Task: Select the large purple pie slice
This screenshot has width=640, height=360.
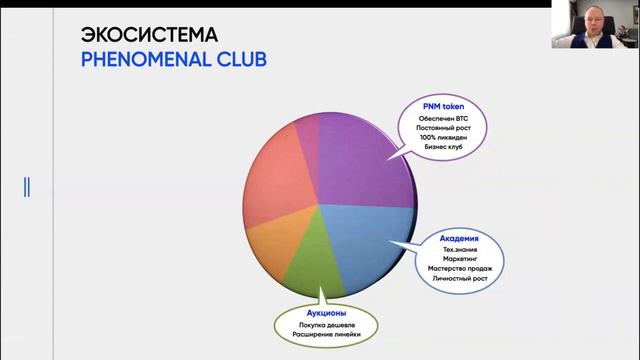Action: coord(360,160)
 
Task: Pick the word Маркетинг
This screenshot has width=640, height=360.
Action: coord(459,259)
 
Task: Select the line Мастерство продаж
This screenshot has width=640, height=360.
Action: coord(459,269)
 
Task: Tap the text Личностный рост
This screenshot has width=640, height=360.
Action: coord(459,279)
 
